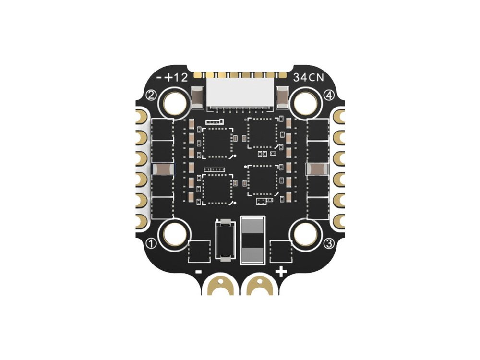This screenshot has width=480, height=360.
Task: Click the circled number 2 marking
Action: [x=151, y=96]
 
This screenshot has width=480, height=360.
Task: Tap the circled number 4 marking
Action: [x=329, y=96]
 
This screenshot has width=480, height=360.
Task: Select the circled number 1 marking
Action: [x=152, y=243]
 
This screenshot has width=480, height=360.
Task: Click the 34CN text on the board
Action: [x=309, y=78]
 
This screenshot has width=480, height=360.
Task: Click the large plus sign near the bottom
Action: [x=281, y=272]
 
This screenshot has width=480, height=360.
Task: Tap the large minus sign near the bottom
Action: [x=198, y=271]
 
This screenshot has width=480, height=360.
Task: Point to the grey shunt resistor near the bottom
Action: [x=252, y=240]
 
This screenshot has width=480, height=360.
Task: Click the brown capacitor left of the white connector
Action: [x=198, y=97]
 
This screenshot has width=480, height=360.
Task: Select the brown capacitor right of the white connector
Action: [x=282, y=97]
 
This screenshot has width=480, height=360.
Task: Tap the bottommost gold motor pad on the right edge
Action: [x=338, y=220]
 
